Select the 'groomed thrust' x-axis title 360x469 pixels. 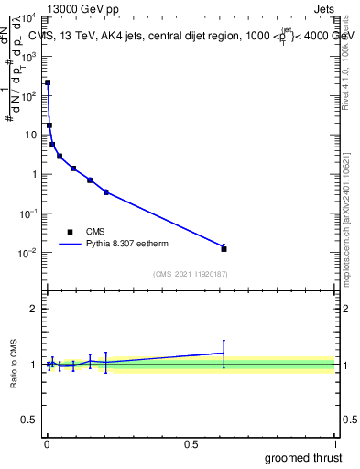(x=304, y=457)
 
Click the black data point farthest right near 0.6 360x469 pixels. (x=224, y=248)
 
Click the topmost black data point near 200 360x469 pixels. (x=48, y=82)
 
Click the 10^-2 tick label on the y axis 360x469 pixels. (x=27, y=253)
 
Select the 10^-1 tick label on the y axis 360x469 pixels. (x=27, y=213)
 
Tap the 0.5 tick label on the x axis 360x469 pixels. (x=191, y=444)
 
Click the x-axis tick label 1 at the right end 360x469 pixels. (x=335, y=444)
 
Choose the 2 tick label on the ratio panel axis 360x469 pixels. (x=34, y=309)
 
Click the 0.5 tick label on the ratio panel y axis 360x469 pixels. (x=30, y=421)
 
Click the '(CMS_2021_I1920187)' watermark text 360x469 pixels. (x=190, y=274)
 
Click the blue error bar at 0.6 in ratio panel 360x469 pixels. (x=224, y=353)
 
